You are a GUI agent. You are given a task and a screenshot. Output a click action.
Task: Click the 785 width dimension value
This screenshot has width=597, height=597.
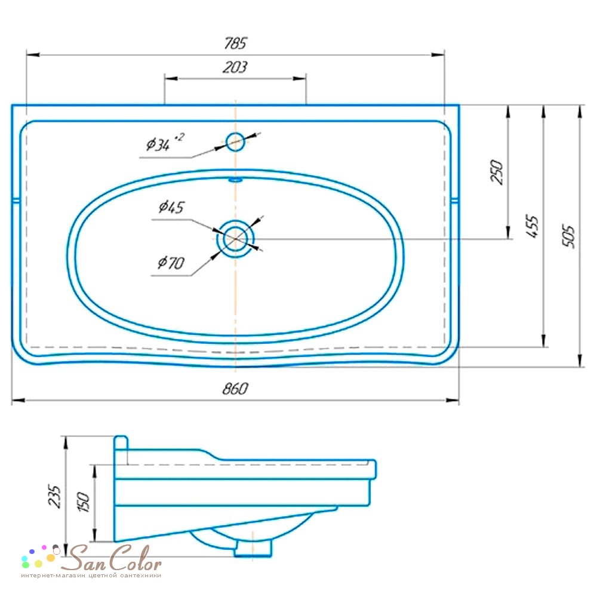(236, 43)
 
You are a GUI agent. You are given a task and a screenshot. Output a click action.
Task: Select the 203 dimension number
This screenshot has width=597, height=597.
(235, 67)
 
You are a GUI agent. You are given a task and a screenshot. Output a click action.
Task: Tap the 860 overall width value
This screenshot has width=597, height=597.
(235, 389)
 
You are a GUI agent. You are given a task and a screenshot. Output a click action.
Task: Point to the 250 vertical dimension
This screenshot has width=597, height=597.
(497, 172)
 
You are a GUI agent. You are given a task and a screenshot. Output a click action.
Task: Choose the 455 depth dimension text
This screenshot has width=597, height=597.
(533, 227)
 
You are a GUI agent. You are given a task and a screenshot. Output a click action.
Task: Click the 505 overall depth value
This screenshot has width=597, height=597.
(568, 236)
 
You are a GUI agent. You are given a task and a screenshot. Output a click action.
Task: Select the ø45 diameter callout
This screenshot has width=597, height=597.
(171, 207)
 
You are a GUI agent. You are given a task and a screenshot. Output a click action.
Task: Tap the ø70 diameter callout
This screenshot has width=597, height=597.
(171, 263)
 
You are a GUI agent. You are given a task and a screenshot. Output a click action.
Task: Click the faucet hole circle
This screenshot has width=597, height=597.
(235, 141)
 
